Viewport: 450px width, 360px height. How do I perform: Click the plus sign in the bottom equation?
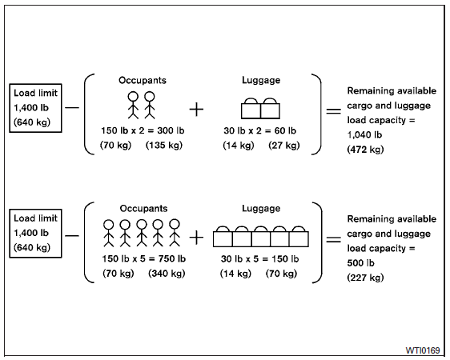pyautogui.click(x=196, y=237)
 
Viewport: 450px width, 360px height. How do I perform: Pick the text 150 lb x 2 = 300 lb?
pyautogui.click(x=143, y=130)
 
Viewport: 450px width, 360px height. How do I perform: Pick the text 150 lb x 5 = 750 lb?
pyautogui.click(x=143, y=258)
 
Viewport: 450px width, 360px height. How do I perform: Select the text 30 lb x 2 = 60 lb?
pyautogui.click(x=260, y=130)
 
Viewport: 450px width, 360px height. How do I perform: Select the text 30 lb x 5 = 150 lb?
pyautogui.click(x=260, y=258)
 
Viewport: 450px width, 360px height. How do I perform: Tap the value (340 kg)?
pyautogui.click(x=166, y=274)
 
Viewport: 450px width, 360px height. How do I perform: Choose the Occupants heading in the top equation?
pyautogui.click(x=143, y=80)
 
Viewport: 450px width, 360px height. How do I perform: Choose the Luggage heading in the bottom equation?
pyautogui.click(x=261, y=208)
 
